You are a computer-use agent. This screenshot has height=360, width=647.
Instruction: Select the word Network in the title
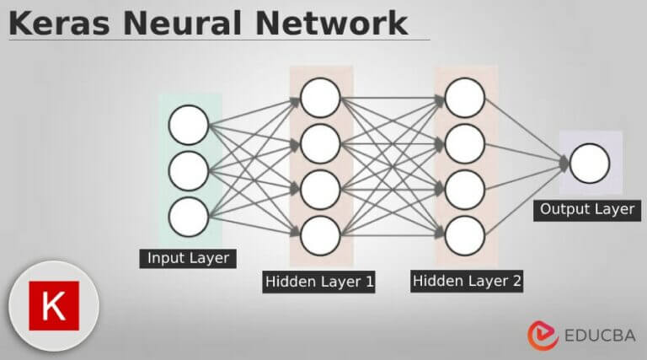(x=335, y=22)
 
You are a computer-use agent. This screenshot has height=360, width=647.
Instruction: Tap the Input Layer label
(x=188, y=258)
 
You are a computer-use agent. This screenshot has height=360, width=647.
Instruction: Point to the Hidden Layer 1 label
(x=319, y=281)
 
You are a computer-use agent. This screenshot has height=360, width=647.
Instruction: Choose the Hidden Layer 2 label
(x=467, y=280)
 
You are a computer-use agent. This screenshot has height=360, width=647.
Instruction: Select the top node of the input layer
(x=188, y=126)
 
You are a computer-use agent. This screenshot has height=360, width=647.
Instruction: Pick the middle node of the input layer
(x=188, y=172)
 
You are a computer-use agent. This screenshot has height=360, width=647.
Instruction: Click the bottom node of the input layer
(x=188, y=218)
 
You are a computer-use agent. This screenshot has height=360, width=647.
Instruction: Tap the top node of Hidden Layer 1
(x=320, y=98)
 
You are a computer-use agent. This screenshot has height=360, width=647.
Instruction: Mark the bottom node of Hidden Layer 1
(x=320, y=235)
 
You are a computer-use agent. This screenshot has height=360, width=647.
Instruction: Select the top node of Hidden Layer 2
(x=465, y=98)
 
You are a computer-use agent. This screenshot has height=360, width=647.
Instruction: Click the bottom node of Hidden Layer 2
(x=465, y=235)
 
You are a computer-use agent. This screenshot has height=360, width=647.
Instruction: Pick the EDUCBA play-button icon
(x=543, y=335)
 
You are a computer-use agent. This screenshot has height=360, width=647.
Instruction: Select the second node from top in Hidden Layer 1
(x=320, y=143)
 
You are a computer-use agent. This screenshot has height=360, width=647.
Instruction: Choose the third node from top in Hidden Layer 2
(x=465, y=190)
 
